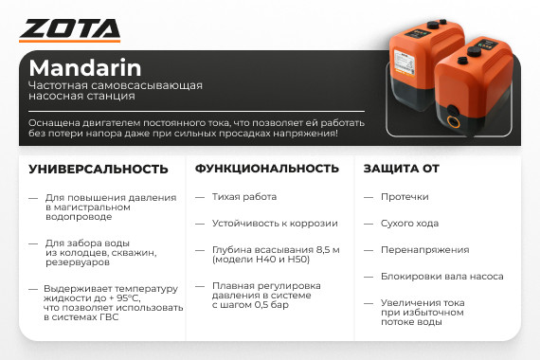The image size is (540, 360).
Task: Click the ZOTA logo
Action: (x=69, y=30)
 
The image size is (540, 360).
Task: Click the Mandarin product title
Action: (x=85, y=68)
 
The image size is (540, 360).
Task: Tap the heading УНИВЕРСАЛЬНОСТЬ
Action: (x=99, y=170)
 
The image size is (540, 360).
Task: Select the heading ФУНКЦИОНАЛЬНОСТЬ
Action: (x=267, y=169)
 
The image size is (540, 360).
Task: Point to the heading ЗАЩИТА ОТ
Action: (x=402, y=169)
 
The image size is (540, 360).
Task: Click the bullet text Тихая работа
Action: (x=244, y=197)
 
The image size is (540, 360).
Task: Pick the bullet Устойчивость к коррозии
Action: (x=275, y=224)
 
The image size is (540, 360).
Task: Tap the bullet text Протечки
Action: (x=405, y=197)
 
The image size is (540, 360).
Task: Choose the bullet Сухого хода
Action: (x=409, y=224)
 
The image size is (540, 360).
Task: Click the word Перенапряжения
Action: (x=424, y=250)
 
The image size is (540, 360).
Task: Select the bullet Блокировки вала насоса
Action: (x=441, y=277)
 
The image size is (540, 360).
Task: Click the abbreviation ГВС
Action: (x=109, y=317)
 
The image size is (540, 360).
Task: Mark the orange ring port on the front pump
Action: (x=453, y=121)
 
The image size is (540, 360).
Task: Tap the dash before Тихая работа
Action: (x=200, y=197)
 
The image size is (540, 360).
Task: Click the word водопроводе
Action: (x=79, y=217)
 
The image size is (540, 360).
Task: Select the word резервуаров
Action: (x=78, y=262)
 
